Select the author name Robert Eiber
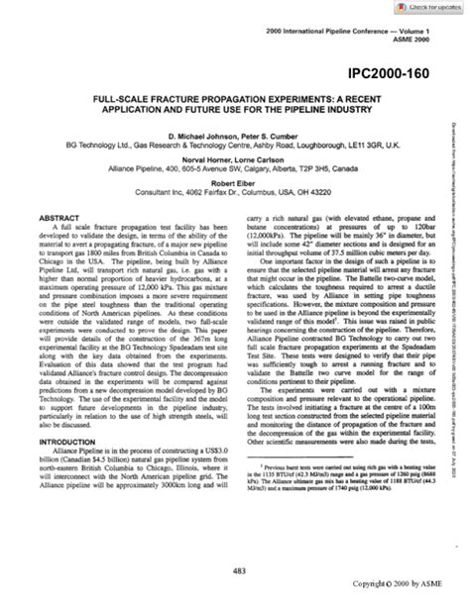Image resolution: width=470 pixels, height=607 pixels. pos(235,183)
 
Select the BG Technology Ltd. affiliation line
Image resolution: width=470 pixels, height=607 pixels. pos(235,144)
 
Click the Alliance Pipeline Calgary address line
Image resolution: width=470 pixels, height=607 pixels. pos(235,168)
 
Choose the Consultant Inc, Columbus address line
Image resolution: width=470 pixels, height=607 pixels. pos(235,192)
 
